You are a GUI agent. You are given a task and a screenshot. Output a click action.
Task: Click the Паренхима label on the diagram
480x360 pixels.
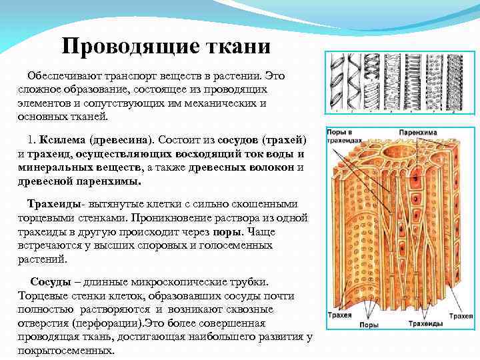click(x=418, y=133)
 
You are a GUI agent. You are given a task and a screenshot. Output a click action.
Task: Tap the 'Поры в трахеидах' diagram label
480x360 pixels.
click(x=344, y=137)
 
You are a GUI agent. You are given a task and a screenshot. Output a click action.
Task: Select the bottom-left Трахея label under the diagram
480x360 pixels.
click(x=343, y=313)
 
